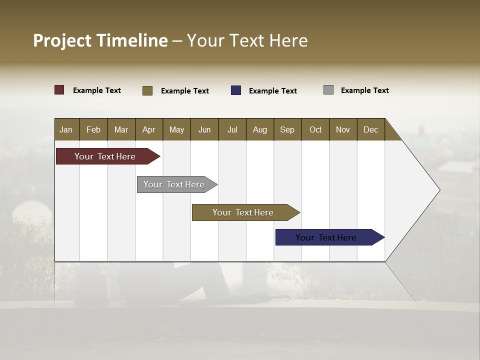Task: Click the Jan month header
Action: click(66, 129)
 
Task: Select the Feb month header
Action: click(93, 129)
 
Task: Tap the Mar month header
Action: click(121, 129)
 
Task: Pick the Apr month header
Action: click(149, 129)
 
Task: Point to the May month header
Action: click(176, 129)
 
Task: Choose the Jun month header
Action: click(204, 129)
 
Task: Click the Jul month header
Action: click(232, 129)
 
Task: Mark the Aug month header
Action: click(260, 129)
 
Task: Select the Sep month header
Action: click(287, 129)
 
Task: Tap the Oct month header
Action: click(315, 129)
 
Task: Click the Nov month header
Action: click(343, 129)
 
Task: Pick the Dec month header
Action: click(371, 129)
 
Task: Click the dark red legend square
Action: click(59, 90)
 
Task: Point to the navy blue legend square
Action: click(236, 90)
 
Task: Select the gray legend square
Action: click(328, 90)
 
